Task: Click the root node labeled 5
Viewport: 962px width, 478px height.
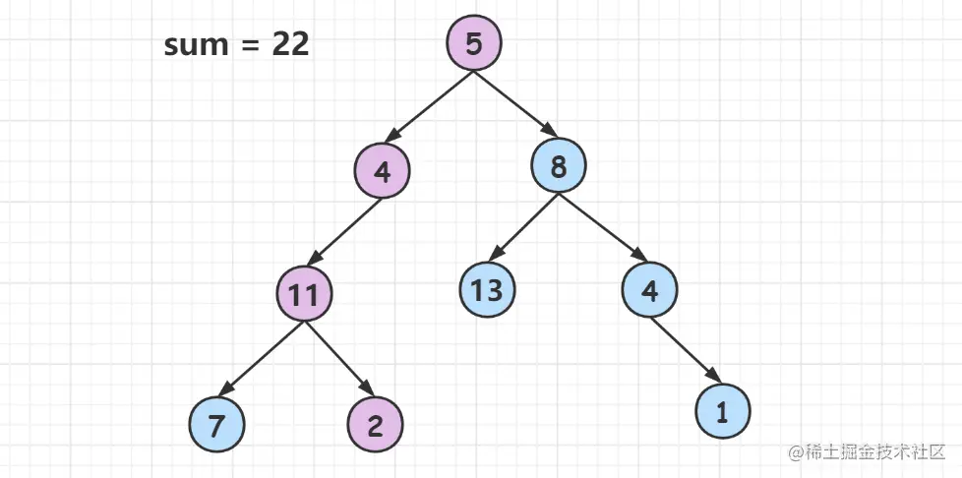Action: tap(474, 43)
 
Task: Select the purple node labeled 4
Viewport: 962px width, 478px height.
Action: tap(382, 171)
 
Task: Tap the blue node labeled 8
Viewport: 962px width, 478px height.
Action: tap(558, 166)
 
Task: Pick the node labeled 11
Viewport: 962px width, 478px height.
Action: tap(304, 294)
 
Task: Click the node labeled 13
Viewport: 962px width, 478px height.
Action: tap(487, 289)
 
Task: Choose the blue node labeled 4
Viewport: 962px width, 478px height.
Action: tap(649, 289)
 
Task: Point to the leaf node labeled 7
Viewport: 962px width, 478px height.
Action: tap(215, 425)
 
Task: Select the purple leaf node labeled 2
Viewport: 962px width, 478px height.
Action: tap(375, 425)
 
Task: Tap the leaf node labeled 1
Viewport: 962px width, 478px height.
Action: tap(722, 412)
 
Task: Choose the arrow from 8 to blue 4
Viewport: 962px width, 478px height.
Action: tap(603, 227)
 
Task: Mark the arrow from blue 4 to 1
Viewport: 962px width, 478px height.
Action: tap(686, 350)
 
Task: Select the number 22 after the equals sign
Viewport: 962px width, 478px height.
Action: tap(290, 45)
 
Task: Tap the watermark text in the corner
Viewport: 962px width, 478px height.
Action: tap(867, 452)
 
